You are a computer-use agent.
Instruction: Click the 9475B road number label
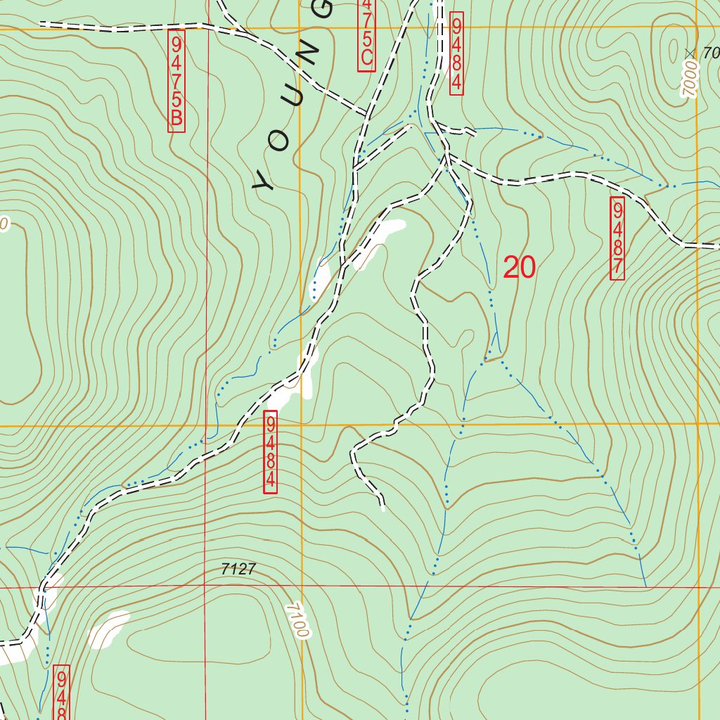click(176, 80)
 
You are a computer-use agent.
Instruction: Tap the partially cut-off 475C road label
click(366, 34)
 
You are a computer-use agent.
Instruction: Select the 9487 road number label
click(617, 238)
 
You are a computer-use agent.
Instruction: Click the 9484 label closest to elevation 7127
click(271, 453)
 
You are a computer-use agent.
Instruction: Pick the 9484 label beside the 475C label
click(456, 53)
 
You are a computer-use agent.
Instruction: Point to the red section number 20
click(520, 267)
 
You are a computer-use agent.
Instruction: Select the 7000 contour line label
click(690, 79)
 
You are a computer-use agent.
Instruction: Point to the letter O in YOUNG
click(281, 140)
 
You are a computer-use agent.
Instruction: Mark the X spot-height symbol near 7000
click(690, 53)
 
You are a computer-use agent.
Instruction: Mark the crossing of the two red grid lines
click(207, 586)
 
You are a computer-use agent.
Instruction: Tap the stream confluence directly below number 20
click(485, 359)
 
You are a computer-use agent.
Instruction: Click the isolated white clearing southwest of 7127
click(109, 629)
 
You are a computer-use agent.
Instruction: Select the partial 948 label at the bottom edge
click(62, 693)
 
